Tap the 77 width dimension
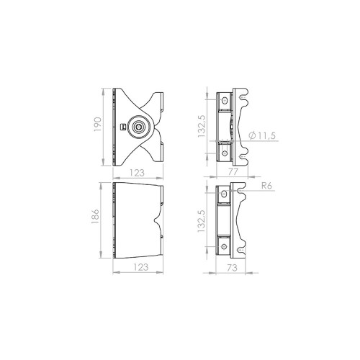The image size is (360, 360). [233, 174]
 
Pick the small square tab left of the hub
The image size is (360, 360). [123, 127]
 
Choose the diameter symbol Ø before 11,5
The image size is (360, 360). [249, 135]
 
